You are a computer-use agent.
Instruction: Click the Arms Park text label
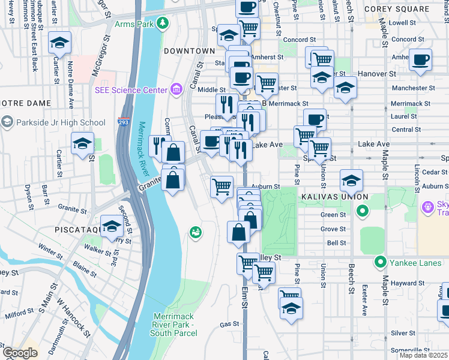tap(135, 24)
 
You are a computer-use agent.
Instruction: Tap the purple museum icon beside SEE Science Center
tap(176, 90)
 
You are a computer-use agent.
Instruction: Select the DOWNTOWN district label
tap(189, 51)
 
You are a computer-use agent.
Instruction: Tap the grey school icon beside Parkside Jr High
tap(7, 123)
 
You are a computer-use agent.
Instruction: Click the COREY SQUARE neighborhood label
tap(414, 10)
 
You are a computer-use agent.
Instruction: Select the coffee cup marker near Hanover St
tap(420, 60)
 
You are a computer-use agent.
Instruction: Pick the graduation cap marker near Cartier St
tap(59, 43)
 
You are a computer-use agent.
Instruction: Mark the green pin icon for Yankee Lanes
tap(380, 262)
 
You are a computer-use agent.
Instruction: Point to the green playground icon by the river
tap(195, 232)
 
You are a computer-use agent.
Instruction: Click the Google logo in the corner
tap(20, 352)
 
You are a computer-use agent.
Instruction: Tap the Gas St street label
tap(229, 324)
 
